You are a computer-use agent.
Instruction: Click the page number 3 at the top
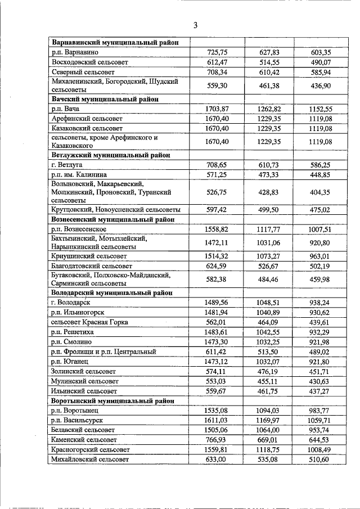[x=195, y=25]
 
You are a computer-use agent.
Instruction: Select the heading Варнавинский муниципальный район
[x=115, y=42]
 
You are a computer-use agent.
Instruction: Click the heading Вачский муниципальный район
[x=103, y=98]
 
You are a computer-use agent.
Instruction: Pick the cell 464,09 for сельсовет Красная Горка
[x=269, y=322]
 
